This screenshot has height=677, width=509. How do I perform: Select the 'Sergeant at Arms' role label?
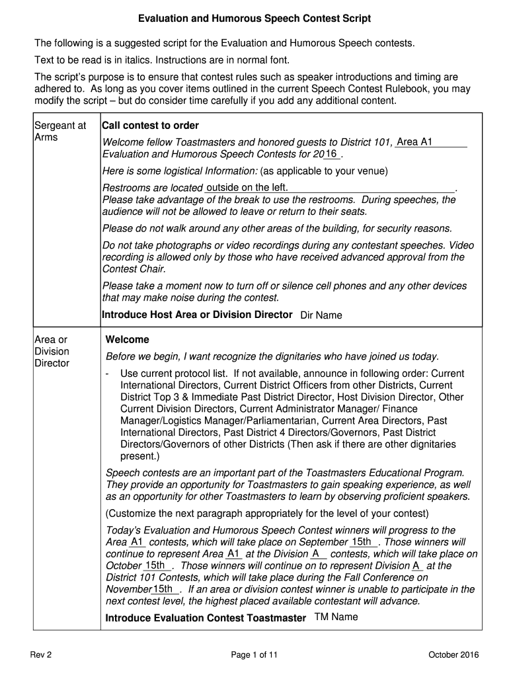tap(60, 132)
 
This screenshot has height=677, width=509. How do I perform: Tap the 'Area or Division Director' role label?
tap(52, 351)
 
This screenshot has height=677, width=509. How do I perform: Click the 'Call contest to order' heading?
tap(150, 126)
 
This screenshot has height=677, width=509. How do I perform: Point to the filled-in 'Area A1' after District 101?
tap(414, 141)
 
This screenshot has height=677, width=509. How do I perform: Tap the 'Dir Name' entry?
tap(321, 315)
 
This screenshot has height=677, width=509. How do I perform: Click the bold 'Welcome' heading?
tap(128, 340)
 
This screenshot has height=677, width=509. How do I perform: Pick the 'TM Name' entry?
tap(336, 617)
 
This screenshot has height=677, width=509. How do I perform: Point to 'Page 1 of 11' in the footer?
tap(255, 655)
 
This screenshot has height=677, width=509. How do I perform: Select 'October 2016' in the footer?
tap(453, 655)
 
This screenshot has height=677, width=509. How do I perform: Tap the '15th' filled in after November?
tap(163, 589)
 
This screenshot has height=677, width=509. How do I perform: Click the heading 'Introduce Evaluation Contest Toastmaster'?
tap(206, 618)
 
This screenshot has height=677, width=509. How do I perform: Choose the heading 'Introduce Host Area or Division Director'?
tap(197, 315)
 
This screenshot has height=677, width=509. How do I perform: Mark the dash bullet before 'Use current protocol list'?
tap(108, 374)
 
